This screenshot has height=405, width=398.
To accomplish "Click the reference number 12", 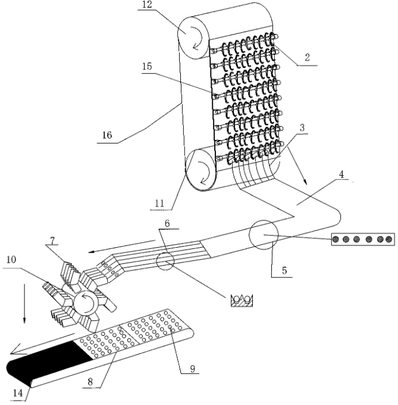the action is [x=148, y=5].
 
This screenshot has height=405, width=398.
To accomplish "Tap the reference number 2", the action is [x=307, y=57].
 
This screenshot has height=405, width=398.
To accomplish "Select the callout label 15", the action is [x=147, y=66].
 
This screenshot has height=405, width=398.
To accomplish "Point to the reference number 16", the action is [x=107, y=135].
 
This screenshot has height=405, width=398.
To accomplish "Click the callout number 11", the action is [x=159, y=204].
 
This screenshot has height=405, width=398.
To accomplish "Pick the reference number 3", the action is [x=302, y=127].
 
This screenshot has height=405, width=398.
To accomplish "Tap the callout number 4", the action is [x=341, y=175].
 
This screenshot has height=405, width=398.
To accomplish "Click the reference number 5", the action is [x=284, y=270].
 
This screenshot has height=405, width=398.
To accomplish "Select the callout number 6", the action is [x=167, y=223].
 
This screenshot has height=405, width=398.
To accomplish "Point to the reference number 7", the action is [x=52, y=241].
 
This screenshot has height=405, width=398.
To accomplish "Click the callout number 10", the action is [x=11, y=260].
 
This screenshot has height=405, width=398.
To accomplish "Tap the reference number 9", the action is [x=193, y=369].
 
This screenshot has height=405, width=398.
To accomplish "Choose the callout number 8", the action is [x=90, y=382].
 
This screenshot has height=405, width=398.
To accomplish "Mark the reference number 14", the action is [x=18, y=393].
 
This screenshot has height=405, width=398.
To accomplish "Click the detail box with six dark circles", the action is [x=363, y=239].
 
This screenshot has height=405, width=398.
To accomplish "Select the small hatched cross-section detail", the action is [x=242, y=300].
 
